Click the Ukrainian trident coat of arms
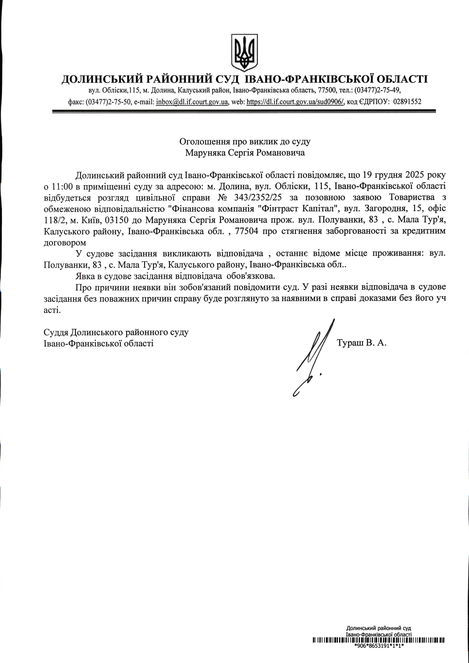(x=244, y=53)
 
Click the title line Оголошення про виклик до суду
(x=245, y=142)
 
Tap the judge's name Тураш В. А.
(x=361, y=343)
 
